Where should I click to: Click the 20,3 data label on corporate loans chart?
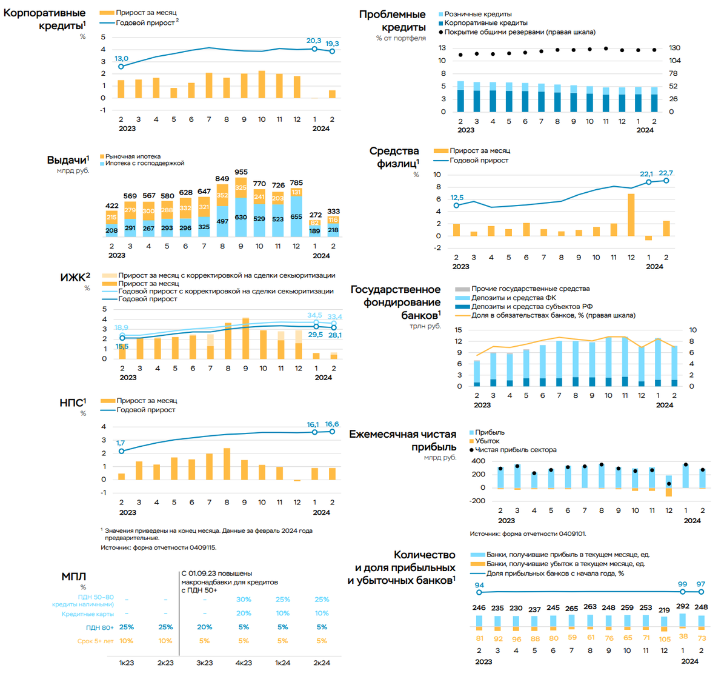pyautogui.click(x=314, y=41)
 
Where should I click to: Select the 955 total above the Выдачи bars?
pyautogui.click(x=241, y=172)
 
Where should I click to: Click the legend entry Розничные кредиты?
pyautogui.click(x=477, y=14)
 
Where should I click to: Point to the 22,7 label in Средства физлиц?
pyautogui.click(x=666, y=173)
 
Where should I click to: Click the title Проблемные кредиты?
pyautogui.click(x=393, y=21)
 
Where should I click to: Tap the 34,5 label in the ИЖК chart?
pyautogui.click(x=315, y=315)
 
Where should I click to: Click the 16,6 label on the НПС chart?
pyautogui.click(x=332, y=424)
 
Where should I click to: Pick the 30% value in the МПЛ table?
pyautogui.click(x=244, y=600)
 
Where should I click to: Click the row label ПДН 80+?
pyautogui.click(x=100, y=627)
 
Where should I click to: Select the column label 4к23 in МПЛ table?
pyautogui.click(x=244, y=663)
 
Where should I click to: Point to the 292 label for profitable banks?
pyautogui.click(x=683, y=606)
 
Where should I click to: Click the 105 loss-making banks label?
pyautogui.click(x=665, y=638)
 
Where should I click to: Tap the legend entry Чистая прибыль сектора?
pyautogui.click(x=515, y=450)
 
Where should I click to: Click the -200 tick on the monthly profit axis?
pyautogui.click(x=477, y=501)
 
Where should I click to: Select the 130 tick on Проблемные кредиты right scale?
pyautogui.click(x=675, y=48)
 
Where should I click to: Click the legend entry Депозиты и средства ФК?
pyautogui.click(x=513, y=298)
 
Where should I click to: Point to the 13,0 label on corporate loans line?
pyautogui.click(x=121, y=59)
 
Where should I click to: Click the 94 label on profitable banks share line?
pyautogui.click(x=479, y=585)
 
